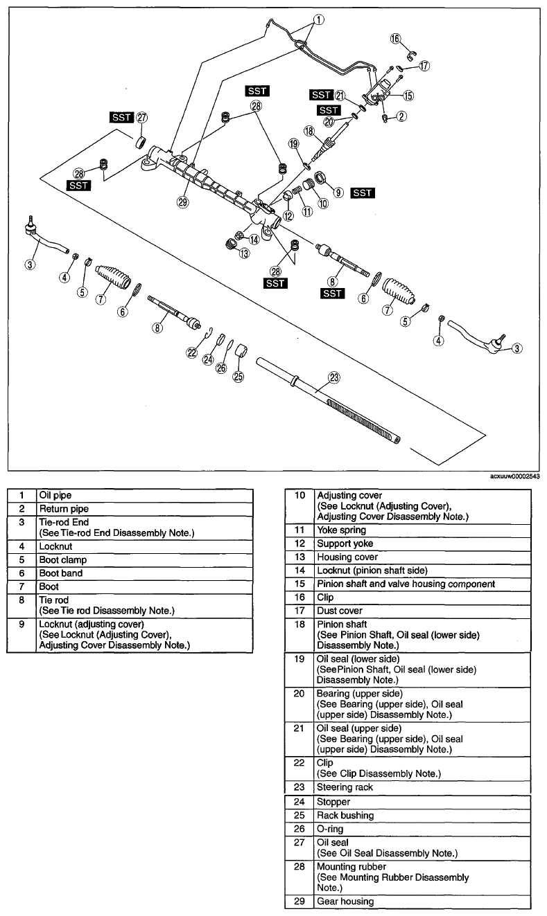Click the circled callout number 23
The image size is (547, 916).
[334, 377]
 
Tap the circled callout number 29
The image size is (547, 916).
[182, 201]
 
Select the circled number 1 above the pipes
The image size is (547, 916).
[318, 19]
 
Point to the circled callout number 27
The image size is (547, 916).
[141, 118]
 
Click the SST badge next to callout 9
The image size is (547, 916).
[363, 192]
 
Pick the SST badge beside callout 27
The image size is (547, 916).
[121, 118]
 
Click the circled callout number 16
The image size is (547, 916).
[395, 39]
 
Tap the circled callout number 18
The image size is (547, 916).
[309, 131]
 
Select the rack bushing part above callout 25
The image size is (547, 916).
[241, 350]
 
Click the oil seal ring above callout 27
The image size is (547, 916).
[141, 143]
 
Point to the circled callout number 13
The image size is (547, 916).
[244, 253]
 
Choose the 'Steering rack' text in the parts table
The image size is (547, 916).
[345, 787]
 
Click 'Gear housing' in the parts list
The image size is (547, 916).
[345, 901]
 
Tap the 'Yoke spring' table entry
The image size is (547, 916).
[342, 530]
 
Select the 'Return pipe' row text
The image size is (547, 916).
[64, 509]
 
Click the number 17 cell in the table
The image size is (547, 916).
[299, 611]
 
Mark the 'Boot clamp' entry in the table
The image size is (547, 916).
[62, 560]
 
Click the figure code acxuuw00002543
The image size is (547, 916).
[514, 476]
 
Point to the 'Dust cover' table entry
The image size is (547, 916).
[340, 611]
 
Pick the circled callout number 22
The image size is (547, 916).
[191, 352]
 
